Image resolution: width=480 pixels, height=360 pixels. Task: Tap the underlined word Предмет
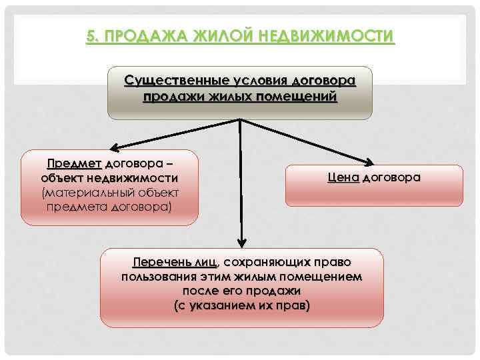[73, 163]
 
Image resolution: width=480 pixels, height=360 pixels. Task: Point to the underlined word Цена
[343, 178]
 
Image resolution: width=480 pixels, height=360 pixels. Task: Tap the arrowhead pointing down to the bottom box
[241, 241]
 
